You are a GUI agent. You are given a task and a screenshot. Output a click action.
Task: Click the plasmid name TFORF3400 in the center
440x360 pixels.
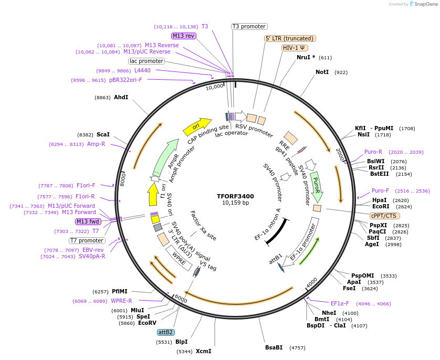coord(235,196)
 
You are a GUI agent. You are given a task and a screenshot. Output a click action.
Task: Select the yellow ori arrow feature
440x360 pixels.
coord(196,126)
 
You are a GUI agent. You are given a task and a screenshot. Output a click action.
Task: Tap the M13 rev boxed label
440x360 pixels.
coord(184,36)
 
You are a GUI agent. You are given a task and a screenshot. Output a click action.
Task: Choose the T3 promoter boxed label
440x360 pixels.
coord(249,26)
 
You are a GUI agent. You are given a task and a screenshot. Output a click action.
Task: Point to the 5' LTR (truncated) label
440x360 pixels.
coord(289,38)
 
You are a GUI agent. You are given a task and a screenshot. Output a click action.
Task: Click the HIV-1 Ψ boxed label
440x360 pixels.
coord(295,48)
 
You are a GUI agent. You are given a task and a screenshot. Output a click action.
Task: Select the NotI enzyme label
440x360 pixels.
coord(323,72)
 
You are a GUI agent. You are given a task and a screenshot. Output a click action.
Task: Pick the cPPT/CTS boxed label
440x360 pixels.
coord(384,216)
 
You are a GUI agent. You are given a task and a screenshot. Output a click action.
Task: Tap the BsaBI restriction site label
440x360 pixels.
coord(274,347)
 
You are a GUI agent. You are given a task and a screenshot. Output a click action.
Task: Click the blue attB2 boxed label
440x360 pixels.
coord(165,332)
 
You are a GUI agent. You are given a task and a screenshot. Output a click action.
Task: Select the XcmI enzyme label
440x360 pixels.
coord(203,351)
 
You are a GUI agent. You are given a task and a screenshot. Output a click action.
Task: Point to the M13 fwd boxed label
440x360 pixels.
coord(88,221)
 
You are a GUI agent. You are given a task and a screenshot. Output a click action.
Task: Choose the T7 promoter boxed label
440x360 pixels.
coord(87,240)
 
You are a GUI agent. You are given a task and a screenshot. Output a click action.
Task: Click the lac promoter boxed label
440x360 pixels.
coord(146,61)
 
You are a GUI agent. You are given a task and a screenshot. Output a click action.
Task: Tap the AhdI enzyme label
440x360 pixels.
coord(121,97)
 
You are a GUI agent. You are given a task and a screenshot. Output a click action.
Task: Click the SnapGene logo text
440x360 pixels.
coord(423,4)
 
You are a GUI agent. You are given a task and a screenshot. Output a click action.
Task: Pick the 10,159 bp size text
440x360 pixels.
coord(235,203)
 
